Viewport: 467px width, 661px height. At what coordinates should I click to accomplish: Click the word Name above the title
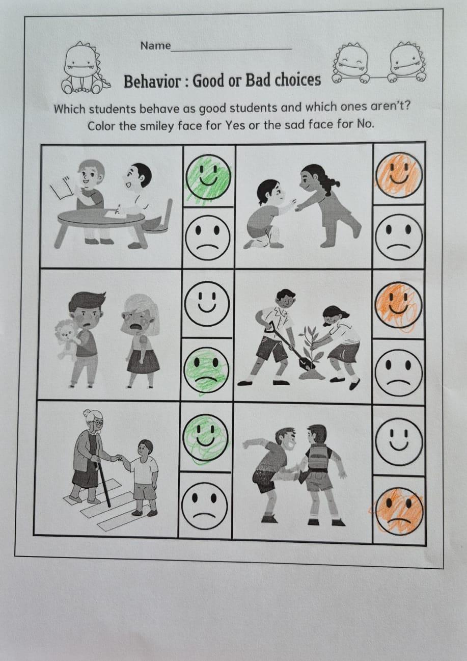pyautogui.click(x=155, y=46)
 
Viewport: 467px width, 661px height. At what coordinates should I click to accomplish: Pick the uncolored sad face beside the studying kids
pyautogui.click(x=207, y=237)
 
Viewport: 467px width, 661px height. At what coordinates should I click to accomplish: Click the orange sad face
pyautogui.click(x=399, y=511)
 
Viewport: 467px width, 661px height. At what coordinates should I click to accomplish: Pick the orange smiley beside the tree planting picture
pyautogui.click(x=399, y=306)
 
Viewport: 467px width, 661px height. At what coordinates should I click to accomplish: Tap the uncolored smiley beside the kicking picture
pyautogui.click(x=399, y=441)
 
